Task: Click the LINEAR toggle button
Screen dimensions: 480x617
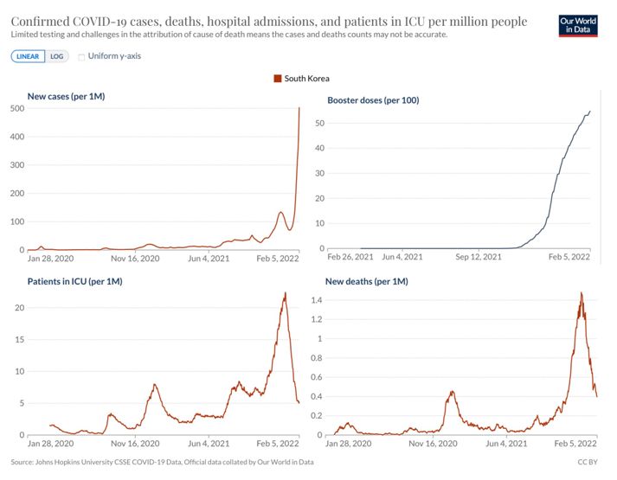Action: pos(29,56)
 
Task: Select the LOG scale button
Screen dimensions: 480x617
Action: pos(56,56)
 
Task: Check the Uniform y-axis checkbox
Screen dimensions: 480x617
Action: pos(82,56)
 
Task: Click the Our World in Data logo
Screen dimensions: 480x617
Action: pos(579,24)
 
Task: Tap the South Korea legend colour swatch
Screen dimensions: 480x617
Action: pos(278,79)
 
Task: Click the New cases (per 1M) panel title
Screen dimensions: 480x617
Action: pos(66,96)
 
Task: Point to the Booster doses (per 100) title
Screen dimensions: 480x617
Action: pos(373,100)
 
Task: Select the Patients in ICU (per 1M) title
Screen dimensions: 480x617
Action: pos(74,282)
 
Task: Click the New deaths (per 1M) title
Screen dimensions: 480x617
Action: pos(366,282)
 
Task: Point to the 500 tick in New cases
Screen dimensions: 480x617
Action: pos(16,108)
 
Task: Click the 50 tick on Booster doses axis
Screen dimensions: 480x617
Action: pos(319,124)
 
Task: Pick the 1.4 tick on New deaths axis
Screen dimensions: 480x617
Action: pos(317,299)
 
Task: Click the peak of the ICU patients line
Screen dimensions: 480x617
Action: pos(285,293)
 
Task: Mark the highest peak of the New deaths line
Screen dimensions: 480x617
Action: pos(581,292)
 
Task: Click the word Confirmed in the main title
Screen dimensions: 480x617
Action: pos(42,21)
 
